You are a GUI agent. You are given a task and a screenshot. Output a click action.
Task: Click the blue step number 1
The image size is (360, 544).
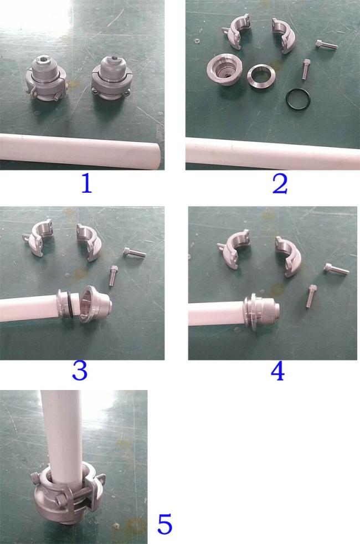click(87, 183)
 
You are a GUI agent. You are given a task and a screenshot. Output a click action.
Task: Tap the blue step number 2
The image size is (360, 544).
click(280, 184)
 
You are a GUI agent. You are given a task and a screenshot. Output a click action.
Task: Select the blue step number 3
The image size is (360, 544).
click(79, 371)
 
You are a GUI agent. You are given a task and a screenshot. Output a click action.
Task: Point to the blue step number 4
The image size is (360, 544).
click(277, 371)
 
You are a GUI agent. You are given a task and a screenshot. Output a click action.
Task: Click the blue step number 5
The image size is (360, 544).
click(164, 524)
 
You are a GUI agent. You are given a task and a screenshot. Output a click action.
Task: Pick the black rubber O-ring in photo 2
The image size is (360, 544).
click(299, 91)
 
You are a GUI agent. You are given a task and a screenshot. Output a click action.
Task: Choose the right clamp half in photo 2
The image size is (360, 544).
click(284, 36)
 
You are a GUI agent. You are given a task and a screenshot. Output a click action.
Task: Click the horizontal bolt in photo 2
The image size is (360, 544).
click(326, 44)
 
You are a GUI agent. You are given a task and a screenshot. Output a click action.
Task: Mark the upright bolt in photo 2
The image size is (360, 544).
click(306, 69)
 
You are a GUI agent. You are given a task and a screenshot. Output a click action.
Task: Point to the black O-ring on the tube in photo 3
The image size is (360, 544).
click(70, 304)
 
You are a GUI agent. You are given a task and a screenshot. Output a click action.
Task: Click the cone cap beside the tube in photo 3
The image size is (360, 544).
click(95, 304)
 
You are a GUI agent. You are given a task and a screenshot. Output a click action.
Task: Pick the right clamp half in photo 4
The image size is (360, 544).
click(287, 255)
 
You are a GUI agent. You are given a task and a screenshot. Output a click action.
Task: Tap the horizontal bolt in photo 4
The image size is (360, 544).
click(336, 268)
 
